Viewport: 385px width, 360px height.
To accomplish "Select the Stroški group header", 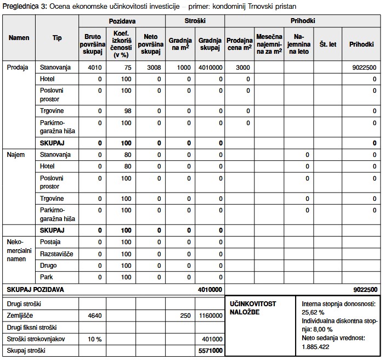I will click(194, 21).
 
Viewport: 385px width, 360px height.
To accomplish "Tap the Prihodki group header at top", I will click(303, 21).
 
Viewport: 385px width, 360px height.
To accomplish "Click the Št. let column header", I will click(327, 44).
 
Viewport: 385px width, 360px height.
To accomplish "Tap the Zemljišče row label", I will click(19, 316).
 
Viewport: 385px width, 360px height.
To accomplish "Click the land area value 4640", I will click(95, 316).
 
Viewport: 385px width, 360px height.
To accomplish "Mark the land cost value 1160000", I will click(211, 316).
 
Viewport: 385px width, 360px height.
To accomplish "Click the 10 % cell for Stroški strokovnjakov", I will click(95, 339).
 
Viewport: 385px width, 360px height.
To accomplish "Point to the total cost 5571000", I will click(211, 351).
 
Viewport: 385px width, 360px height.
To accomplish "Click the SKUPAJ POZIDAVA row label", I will click(35, 289).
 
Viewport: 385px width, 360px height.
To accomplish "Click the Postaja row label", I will click(50, 242).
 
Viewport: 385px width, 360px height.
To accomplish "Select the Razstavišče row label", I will click(56, 254).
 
